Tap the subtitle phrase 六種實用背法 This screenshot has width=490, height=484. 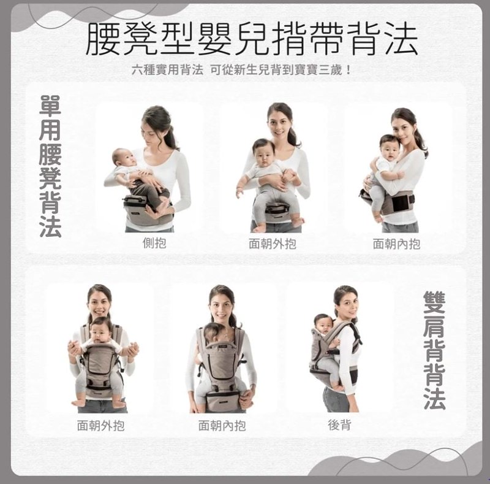tap(167, 70)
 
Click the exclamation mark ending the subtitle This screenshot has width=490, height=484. tap(349, 70)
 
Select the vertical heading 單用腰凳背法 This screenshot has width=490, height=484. tap(50, 166)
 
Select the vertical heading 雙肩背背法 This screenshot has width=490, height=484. tap(434, 350)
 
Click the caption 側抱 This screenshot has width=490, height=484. tap(154, 243)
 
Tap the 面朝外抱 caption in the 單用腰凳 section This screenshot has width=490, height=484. tap(273, 244)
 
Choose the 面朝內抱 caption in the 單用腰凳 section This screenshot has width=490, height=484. tap(396, 244)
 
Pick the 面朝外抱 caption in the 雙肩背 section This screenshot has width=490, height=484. tap(100, 425)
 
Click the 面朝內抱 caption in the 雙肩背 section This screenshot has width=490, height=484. tap(222, 425)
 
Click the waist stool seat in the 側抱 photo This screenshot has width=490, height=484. tap(141, 209)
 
